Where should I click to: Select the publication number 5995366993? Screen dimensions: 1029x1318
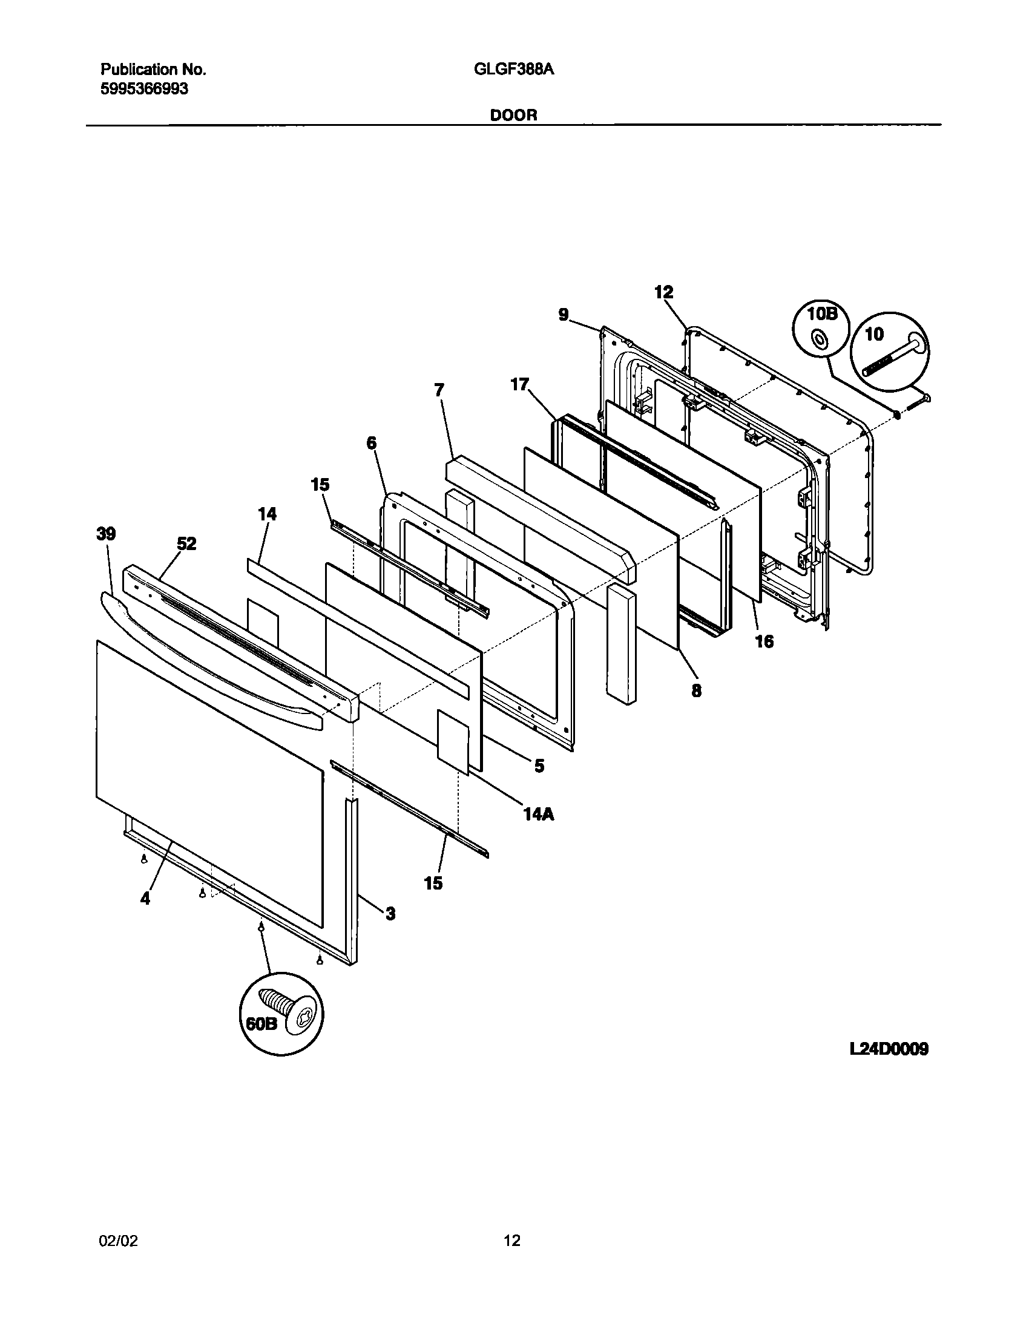click(x=144, y=89)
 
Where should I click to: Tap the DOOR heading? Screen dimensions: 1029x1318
click(x=513, y=115)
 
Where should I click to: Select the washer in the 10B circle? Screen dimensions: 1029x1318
click(x=820, y=341)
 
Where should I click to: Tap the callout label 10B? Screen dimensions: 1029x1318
click(x=821, y=314)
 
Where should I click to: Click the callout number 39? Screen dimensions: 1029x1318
click(x=106, y=534)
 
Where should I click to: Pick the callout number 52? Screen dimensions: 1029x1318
click(x=186, y=543)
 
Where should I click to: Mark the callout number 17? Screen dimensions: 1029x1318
click(x=519, y=384)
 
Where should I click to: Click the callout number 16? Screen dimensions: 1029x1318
click(x=764, y=641)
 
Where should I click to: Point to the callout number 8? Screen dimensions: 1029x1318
click(x=696, y=690)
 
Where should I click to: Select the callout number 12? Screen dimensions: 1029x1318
click(x=663, y=292)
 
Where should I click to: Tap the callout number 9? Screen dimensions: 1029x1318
click(x=564, y=315)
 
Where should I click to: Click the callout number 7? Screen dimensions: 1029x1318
click(x=439, y=390)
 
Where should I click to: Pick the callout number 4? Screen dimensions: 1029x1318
click(x=145, y=899)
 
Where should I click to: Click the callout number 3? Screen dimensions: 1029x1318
click(x=390, y=913)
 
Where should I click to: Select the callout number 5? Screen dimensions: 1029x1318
click(x=539, y=766)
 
